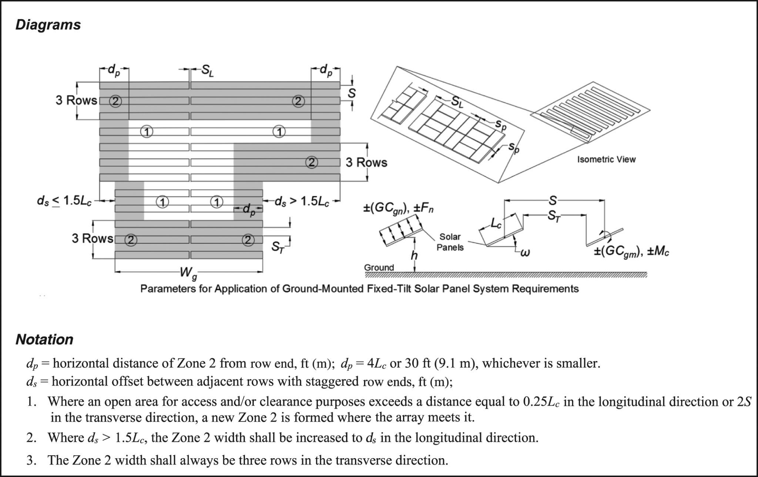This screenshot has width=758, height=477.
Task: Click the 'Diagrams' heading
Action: pos(48,25)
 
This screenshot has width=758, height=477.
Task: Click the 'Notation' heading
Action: pos(44,339)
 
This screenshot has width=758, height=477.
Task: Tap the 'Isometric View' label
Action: pos(606,159)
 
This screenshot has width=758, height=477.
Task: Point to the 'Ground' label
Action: pos(379,267)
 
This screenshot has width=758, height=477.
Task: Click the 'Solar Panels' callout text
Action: pos(450,242)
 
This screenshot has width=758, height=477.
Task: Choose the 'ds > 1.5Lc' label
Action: pos(301,202)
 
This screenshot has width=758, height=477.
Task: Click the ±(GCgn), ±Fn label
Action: pos(398,208)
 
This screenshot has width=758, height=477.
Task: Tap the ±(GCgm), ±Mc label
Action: pos(631,252)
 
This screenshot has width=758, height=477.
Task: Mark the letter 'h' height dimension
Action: pos(414,256)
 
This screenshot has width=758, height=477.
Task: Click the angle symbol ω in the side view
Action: pos(525,253)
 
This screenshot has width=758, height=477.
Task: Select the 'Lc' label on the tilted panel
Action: pos(496,223)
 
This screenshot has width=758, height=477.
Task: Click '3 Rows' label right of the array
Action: pos(366,163)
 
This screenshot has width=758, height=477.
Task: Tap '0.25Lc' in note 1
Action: pos(541,402)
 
